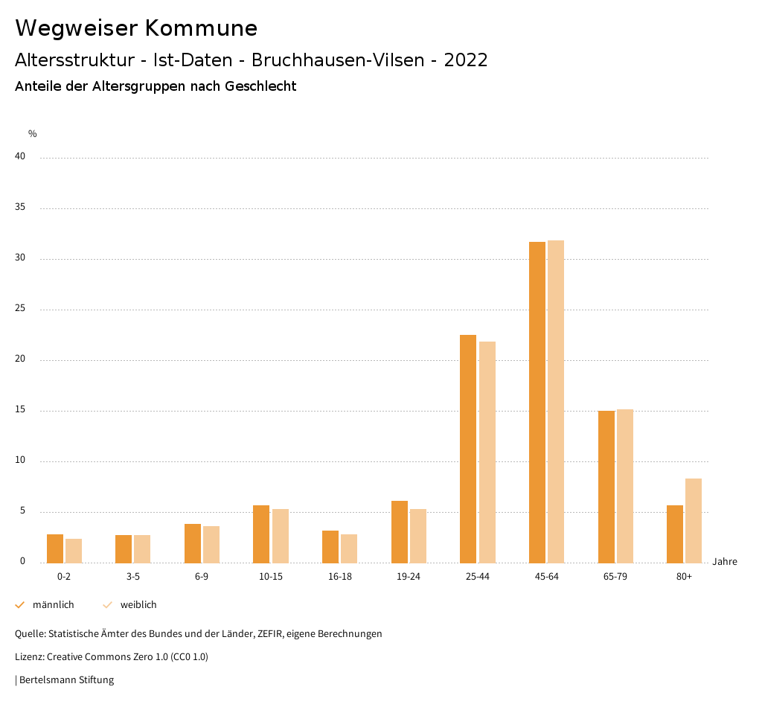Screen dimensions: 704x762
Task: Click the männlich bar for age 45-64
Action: [537, 402]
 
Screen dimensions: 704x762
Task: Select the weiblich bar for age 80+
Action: [694, 520]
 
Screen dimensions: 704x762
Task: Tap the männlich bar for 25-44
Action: [468, 449]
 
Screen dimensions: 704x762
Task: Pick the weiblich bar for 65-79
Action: [625, 486]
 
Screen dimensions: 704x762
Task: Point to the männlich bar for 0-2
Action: [55, 548]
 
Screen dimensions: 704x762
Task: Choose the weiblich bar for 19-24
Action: [418, 536]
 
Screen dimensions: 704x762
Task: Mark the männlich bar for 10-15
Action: [261, 534]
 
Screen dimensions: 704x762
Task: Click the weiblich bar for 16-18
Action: [349, 548]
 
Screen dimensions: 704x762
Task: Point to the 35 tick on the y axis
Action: [20, 208]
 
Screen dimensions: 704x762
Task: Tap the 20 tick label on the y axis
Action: [20, 359]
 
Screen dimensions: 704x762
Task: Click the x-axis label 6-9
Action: [202, 577]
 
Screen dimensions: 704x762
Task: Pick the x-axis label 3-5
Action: [133, 577]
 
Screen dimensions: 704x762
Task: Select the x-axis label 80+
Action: [684, 577]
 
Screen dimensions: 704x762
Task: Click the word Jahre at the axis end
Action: [725, 562]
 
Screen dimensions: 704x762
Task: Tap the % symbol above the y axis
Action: [33, 134]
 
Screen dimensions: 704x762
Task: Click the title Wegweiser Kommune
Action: [136, 28]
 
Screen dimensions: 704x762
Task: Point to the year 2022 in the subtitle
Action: [466, 60]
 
